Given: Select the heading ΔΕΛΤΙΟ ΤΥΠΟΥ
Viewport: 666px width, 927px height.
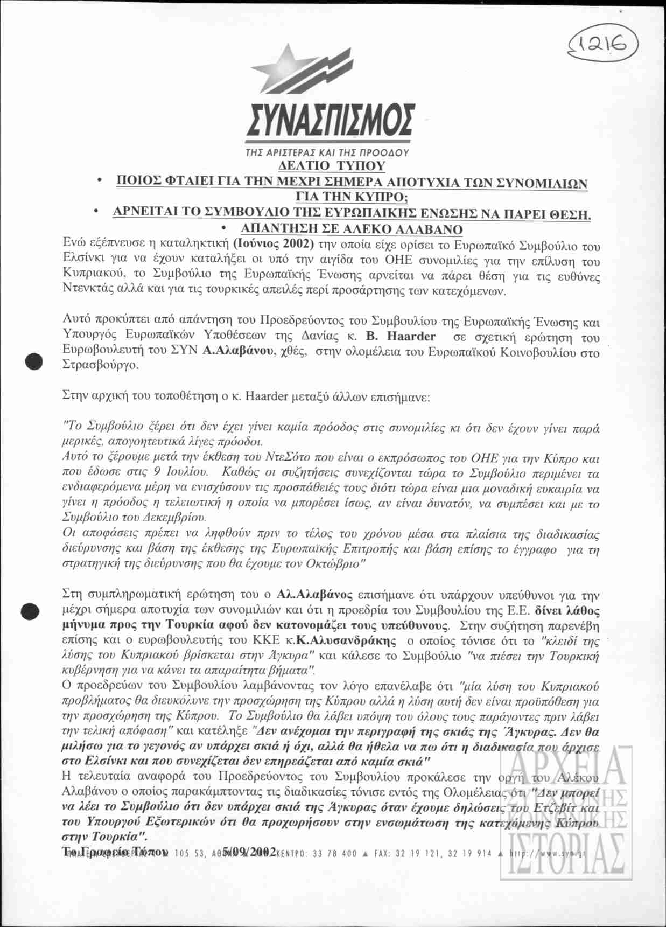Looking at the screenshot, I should pos(332,165).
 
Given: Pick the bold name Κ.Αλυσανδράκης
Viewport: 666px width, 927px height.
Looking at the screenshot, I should pos(346,642).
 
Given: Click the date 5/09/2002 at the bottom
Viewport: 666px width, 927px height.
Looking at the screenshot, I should pos(249,851).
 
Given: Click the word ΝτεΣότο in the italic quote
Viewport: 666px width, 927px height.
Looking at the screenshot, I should pos(290,459).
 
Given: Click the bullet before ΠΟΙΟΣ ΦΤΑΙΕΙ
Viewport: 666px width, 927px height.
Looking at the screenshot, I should pos(99,183).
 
